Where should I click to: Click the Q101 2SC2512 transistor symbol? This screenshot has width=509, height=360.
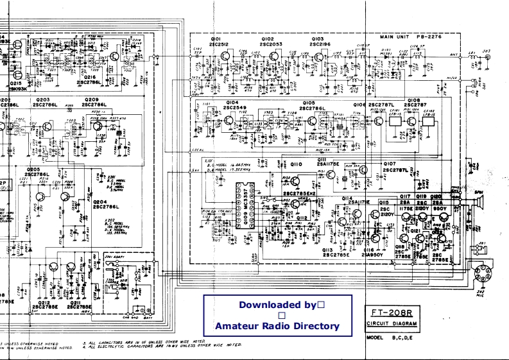coord(225,56)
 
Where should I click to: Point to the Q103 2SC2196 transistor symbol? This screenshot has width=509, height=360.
coord(320,56)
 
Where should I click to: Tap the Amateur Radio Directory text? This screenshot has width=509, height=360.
coord(277,326)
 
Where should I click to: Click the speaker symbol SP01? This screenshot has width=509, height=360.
coord(478,205)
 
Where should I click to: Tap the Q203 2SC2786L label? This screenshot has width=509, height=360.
coord(46,103)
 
